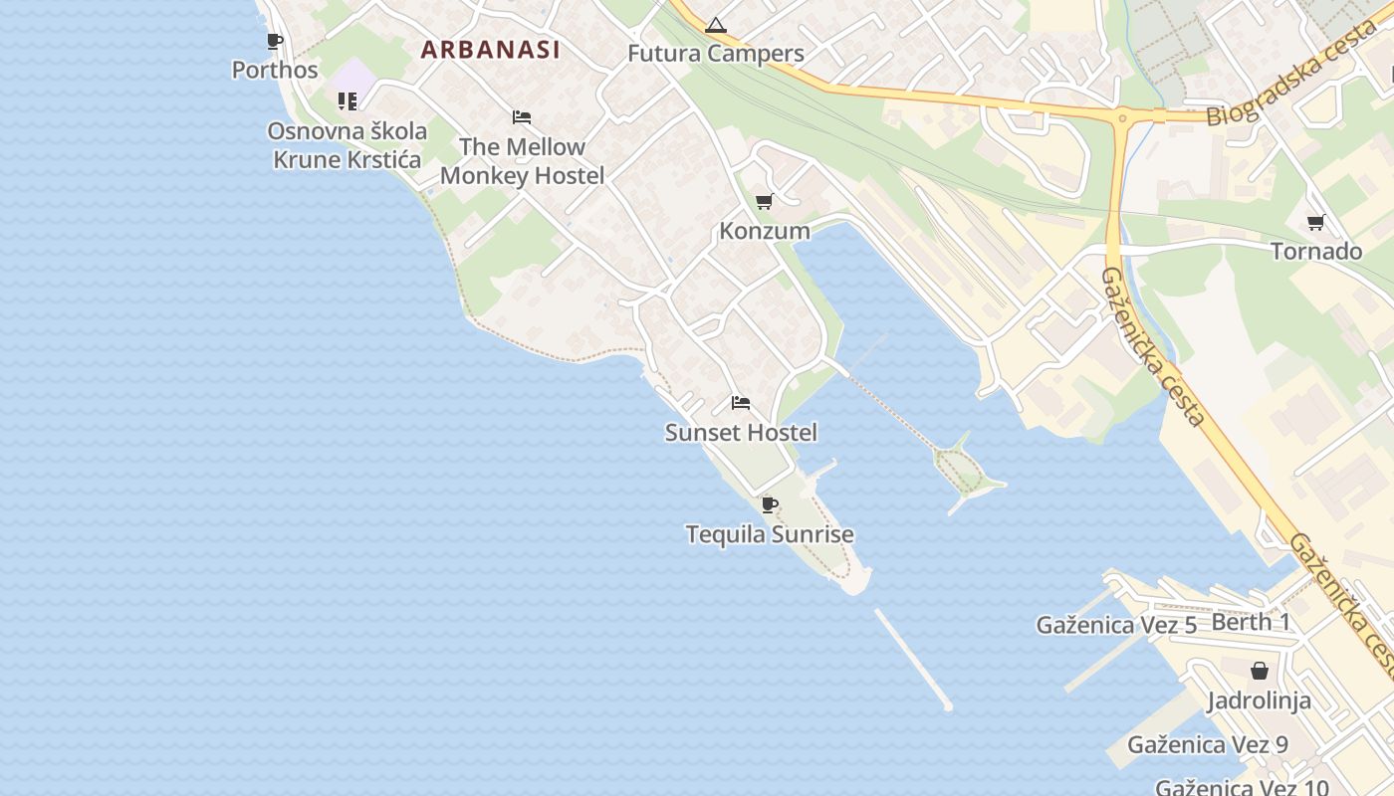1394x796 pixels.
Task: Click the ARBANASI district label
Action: (490, 49)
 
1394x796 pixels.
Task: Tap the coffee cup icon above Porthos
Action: (275, 41)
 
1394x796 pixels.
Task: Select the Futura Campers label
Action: (715, 54)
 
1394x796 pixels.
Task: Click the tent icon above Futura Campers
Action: (715, 25)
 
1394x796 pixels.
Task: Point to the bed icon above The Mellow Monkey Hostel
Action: (522, 117)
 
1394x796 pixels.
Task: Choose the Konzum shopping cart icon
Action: (764, 202)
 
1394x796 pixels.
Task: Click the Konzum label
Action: (765, 231)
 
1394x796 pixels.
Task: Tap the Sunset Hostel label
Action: (741, 432)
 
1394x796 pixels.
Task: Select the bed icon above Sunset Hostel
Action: (741, 403)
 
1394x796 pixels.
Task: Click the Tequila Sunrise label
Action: (770, 534)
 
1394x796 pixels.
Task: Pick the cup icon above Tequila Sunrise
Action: (770, 505)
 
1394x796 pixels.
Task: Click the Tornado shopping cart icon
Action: (1315, 222)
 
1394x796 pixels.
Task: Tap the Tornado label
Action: (1316, 251)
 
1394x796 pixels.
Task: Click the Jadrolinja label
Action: (1259, 700)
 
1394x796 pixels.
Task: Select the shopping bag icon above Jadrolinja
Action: (1259, 671)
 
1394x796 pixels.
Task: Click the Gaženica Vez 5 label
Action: (1116, 625)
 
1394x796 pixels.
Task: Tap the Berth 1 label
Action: (1251, 622)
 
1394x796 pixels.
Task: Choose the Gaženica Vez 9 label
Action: (1207, 744)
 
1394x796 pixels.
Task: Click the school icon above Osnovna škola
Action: (347, 100)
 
